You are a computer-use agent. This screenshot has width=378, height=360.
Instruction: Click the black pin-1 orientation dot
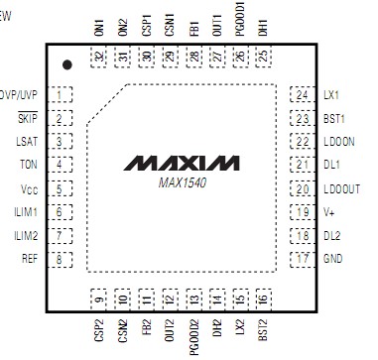click(x=66, y=64)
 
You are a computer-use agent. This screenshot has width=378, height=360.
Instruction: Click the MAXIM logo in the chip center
click(x=188, y=161)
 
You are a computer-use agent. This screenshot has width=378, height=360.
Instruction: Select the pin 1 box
click(x=63, y=96)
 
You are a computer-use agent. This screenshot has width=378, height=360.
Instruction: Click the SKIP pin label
click(x=27, y=118)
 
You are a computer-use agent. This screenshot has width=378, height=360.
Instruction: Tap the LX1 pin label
click(x=331, y=96)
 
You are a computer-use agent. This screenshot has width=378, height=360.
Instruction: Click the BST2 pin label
click(x=262, y=332)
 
